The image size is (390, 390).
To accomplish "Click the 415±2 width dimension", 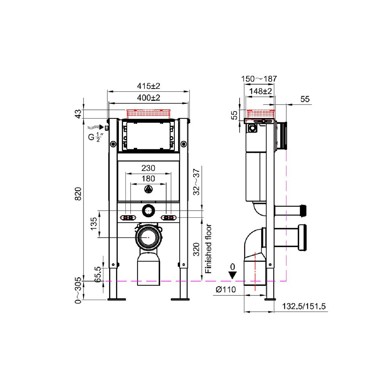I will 149,86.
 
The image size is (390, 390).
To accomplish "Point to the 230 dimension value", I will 148,168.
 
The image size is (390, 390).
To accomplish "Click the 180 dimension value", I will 148,179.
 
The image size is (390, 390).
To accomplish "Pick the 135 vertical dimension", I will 94,224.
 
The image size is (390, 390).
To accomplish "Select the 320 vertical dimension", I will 196,249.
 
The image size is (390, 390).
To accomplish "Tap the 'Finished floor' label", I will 208,249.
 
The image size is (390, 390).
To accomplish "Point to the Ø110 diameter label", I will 225,290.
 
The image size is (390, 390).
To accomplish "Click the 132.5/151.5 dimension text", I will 304,306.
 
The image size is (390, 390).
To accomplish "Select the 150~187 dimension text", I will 259,79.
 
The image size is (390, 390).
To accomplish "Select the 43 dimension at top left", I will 78,114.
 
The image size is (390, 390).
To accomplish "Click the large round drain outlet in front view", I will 148,238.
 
